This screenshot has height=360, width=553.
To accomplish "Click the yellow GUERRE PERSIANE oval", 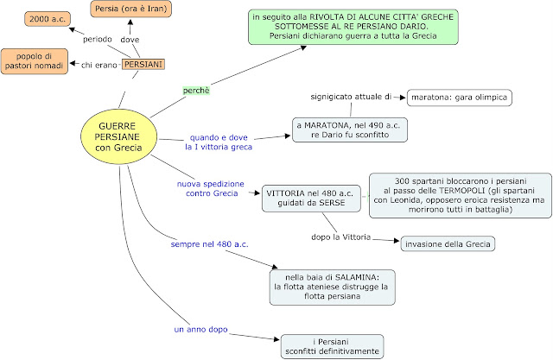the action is click(119, 136).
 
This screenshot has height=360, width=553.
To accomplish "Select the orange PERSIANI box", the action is click(143, 65).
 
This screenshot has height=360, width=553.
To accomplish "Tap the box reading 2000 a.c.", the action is click(48, 19).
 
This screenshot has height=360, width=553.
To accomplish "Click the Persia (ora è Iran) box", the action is click(130, 9).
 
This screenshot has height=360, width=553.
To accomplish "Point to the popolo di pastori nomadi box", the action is click(35, 61).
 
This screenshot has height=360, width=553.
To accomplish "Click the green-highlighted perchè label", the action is click(196, 91).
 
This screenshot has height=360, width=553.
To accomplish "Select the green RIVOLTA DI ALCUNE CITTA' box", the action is click(353, 27).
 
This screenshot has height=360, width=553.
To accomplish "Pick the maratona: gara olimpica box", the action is click(459, 98).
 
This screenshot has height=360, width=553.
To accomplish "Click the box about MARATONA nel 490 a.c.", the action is click(350, 130).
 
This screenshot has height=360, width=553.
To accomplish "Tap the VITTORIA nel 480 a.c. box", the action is click(311, 199).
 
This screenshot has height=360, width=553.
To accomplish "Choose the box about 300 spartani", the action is click(461, 195).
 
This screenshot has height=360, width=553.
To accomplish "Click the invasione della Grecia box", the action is click(448, 244).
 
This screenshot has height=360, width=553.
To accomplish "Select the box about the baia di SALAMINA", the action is click(332, 287).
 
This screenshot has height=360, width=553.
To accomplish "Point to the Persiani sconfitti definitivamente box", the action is click(332, 346).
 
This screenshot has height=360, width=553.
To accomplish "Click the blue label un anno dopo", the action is click(200, 330).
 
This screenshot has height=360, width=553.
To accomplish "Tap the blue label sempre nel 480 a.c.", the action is click(209, 244).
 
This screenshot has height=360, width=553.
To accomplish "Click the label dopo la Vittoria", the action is click(340, 237).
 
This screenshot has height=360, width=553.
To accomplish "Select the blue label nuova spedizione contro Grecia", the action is click(211, 188).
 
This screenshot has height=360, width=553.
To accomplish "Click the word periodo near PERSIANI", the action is click(98, 39).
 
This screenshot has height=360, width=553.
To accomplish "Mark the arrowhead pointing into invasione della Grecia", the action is click(397, 241).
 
